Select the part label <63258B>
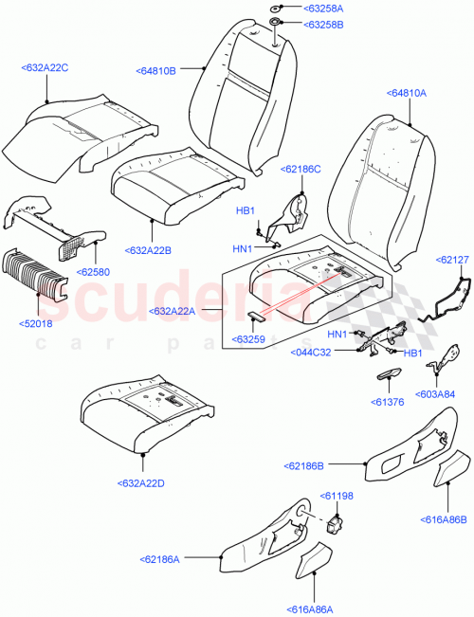click(324, 25)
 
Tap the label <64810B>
click(156, 69)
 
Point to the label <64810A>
click(407, 93)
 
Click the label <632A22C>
click(45, 68)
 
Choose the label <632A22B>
click(150, 250)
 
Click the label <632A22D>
click(142, 483)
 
